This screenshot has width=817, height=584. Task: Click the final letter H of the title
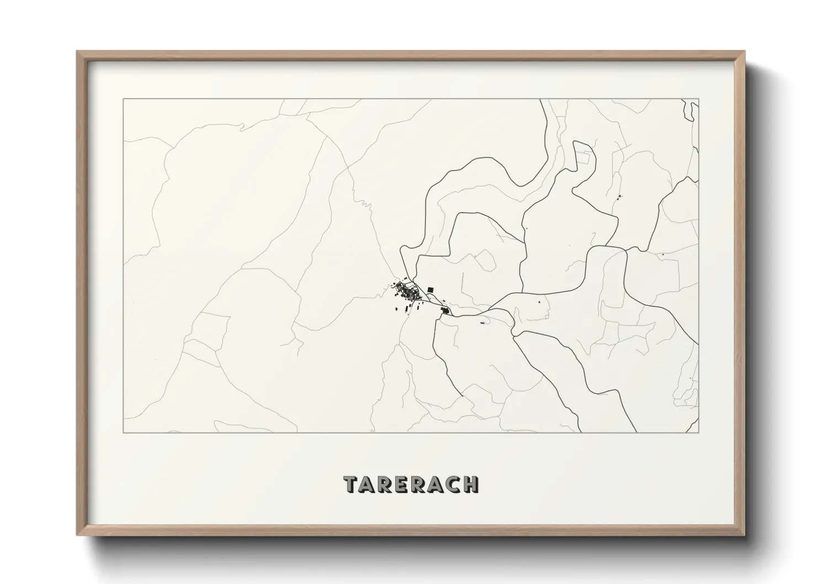tap(471, 484)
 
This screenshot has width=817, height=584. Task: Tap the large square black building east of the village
tap(431, 289)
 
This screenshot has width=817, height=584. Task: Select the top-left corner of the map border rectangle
tap(123, 99)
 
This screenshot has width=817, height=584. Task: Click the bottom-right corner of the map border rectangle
tap(698, 432)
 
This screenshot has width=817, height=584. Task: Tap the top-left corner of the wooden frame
tap(77, 52)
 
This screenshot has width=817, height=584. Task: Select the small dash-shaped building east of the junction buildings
tap(483, 322)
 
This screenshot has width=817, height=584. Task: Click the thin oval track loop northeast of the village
tap(485, 259)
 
